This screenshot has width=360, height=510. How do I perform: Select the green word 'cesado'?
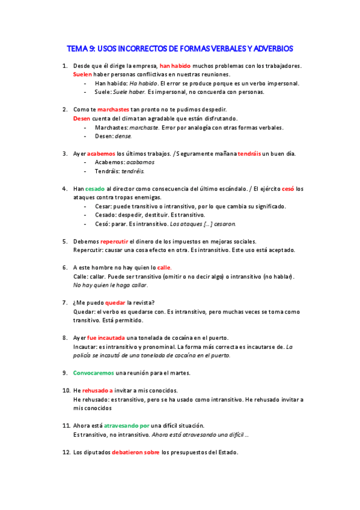(95, 188)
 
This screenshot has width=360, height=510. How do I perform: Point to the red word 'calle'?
(164, 267)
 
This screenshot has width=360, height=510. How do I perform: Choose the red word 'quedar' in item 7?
(115, 303)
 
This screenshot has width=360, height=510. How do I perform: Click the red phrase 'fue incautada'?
(105, 337)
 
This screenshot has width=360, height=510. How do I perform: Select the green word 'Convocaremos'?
(93, 373)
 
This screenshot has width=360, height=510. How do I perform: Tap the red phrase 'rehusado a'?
(97, 390)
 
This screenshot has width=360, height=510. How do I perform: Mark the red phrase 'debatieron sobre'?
(135, 452)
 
